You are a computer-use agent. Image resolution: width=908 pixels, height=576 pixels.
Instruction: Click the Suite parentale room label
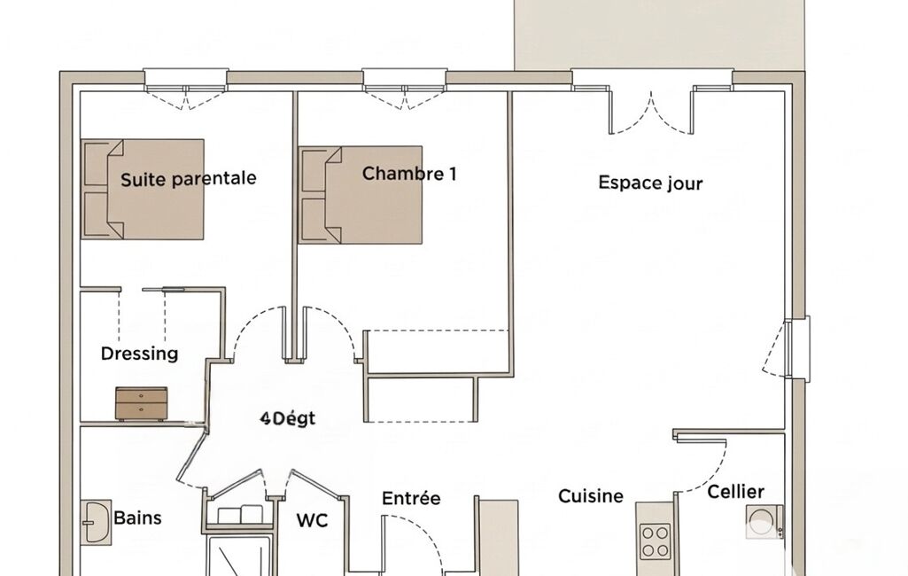188,179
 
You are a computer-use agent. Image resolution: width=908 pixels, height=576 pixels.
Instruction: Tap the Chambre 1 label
409,174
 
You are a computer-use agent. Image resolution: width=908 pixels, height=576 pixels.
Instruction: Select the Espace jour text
650,183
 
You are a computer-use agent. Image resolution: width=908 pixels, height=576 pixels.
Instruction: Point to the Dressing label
139,354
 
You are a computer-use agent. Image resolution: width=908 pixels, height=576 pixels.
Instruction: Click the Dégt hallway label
288,418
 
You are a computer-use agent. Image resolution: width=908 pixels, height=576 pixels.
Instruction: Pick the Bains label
137,518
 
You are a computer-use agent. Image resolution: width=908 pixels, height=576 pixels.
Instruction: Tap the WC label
312,520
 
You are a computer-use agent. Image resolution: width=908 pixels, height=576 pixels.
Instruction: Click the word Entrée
411,498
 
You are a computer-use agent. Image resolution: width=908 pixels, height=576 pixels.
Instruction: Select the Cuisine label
591,496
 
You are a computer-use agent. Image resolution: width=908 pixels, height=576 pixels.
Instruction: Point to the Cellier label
735,492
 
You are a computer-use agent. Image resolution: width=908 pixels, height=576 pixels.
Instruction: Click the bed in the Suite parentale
143,189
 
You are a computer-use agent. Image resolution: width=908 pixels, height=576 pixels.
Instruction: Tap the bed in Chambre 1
361,195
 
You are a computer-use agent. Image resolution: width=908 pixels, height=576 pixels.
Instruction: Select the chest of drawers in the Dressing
142,404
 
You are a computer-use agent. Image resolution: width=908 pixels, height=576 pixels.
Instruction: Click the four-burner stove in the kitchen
655,541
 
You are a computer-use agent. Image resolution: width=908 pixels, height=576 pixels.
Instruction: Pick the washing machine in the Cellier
764,522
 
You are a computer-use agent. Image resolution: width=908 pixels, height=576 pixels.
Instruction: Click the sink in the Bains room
97,522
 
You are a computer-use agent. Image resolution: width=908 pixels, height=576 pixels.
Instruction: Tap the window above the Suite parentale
185,89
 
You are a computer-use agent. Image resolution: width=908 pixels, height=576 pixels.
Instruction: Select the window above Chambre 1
405,89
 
